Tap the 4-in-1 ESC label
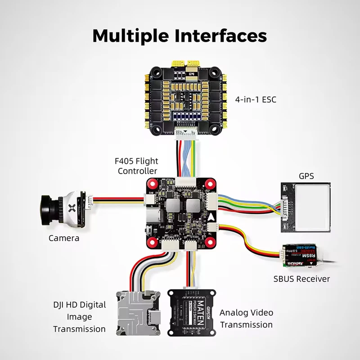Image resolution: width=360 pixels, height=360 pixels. (x=256, y=98)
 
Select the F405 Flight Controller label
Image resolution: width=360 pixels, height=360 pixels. (x=138, y=166)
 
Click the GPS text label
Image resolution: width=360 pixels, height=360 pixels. (x=306, y=175)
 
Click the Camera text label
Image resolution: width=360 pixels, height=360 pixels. (x=64, y=238)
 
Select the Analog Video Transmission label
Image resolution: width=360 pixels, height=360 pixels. (x=246, y=319)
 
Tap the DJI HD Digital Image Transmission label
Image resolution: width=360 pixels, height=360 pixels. (x=79, y=317)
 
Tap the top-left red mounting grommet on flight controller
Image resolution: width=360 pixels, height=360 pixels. (x=152, y=184)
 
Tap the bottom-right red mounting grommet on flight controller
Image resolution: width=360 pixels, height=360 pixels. (x=210, y=242)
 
